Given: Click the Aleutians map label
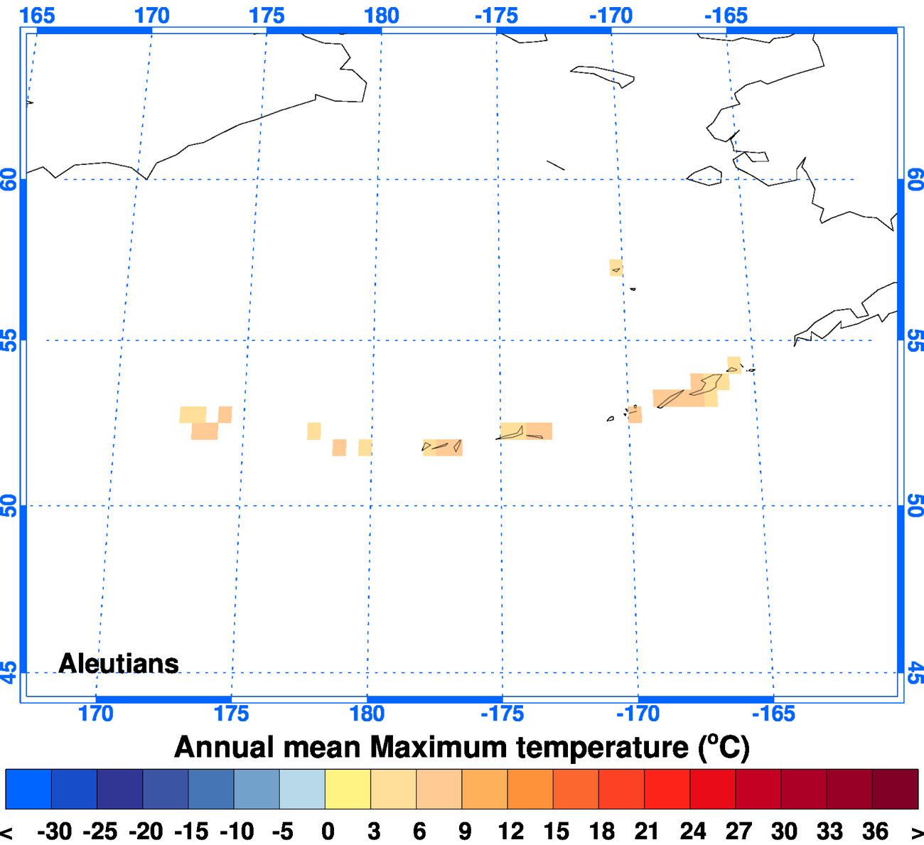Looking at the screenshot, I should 119,663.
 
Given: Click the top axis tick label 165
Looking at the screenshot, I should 37,15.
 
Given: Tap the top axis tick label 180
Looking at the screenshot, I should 382,15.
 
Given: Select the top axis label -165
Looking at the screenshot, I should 726,15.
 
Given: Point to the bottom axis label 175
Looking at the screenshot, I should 231,714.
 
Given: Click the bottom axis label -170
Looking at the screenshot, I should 638,714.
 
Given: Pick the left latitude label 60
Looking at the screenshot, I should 9,179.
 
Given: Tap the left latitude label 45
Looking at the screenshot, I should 9,672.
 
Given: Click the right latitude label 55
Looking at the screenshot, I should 915,340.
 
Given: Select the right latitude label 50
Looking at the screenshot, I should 915,506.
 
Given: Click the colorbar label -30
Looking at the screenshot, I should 54,831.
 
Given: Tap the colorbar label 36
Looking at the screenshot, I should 875,831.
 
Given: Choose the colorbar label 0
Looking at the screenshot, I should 328,831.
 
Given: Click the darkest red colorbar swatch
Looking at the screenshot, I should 895,789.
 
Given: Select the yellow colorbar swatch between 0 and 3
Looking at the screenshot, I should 348,789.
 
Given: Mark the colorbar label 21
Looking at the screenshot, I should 647,831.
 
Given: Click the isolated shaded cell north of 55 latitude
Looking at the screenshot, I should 616,268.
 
